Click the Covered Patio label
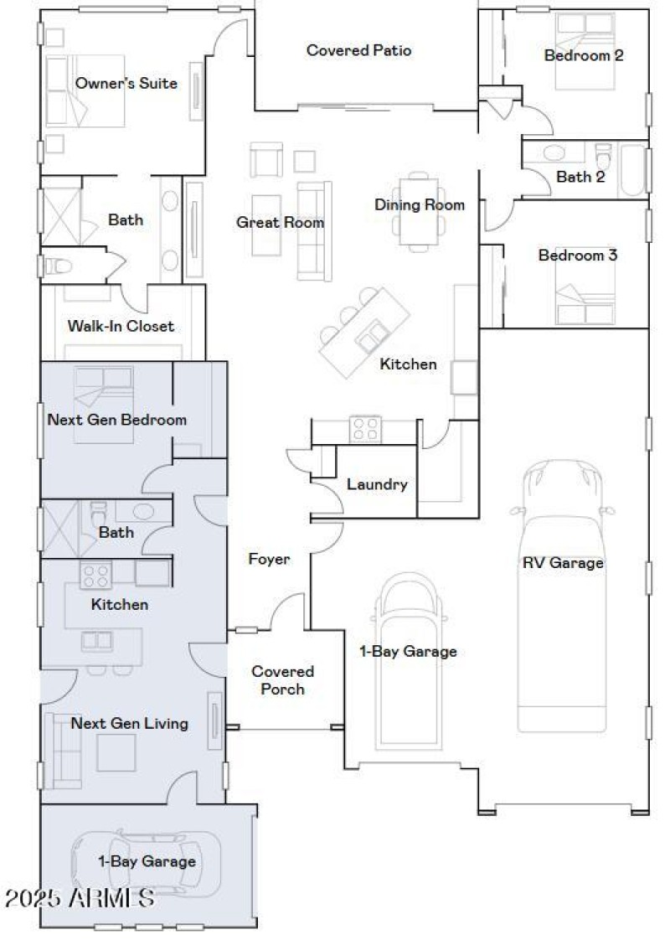tap(358, 50)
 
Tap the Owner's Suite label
tap(126, 83)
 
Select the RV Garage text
tap(563, 563)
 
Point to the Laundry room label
tap(377, 484)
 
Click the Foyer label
tap(269, 559)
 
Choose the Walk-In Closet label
tap(121, 326)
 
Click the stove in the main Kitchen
tap(365, 429)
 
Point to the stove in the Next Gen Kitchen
tap(95, 575)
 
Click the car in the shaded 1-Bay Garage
tap(146, 863)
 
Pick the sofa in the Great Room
tap(309, 230)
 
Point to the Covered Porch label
tap(283, 680)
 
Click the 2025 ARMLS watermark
tap(80, 899)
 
